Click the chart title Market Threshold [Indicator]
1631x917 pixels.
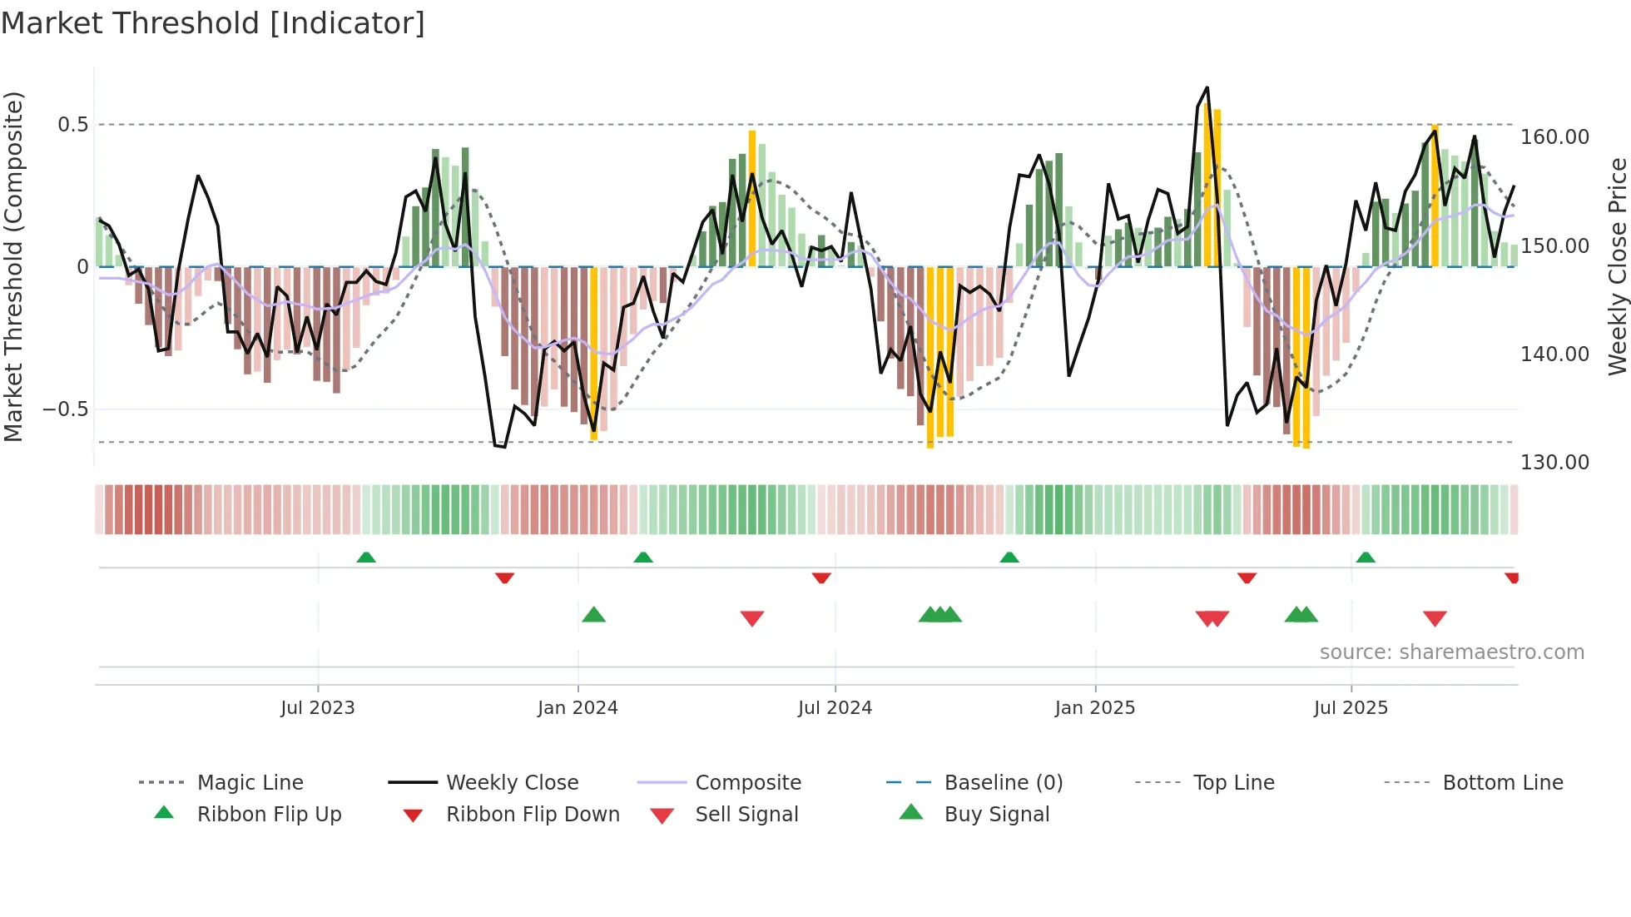pos(213,23)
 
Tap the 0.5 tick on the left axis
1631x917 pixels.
pos(72,125)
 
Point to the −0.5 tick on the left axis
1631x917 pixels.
pos(66,409)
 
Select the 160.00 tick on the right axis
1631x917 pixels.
pos(1554,137)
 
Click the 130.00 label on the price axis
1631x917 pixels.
pos(1554,463)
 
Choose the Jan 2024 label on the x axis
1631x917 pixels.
pos(578,708)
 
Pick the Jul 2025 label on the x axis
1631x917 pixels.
pos(1351,708)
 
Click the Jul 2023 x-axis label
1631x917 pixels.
pos(317,708)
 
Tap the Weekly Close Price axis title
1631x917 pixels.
pos(1617,266)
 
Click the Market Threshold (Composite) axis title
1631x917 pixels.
pos(13,266)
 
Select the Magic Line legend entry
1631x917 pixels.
pos(250,783)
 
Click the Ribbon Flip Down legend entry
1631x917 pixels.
pos(533,815)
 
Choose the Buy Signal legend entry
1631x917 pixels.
pos(996,815)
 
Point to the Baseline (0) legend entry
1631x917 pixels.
pos(1003,783)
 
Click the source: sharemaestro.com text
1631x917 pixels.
pos(1451,652)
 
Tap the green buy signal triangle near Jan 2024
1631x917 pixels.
pos(593,616)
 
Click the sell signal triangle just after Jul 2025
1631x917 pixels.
pos(1435,618)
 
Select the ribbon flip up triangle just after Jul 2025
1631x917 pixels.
pos(1366,558)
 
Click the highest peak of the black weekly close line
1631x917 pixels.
pos(1207,87)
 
